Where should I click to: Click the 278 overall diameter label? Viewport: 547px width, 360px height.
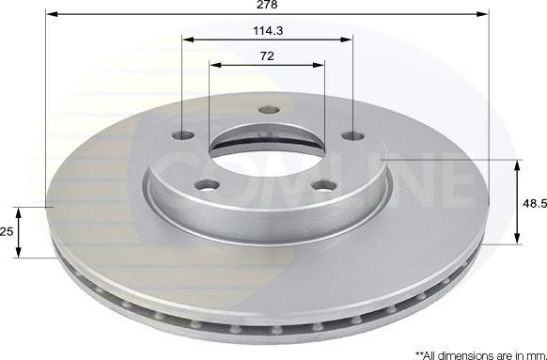coord(267,7)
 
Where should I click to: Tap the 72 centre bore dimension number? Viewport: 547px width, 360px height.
coord(267,56)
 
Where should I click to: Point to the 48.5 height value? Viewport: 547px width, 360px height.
coord(532,202)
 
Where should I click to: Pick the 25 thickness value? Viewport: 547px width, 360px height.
coord(8,231)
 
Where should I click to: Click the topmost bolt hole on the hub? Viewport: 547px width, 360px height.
coord(268,109)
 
